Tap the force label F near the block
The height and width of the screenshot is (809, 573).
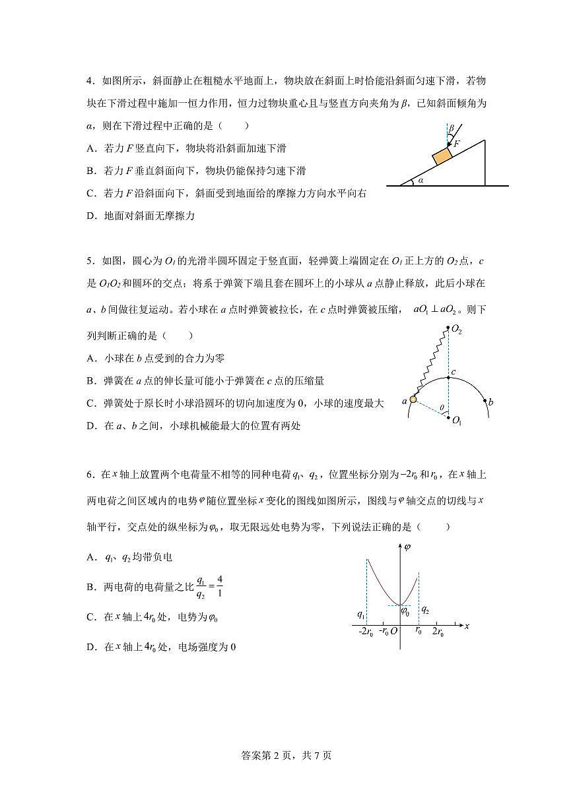(x=456, y=142)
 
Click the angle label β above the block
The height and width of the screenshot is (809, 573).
(x=452, y=129)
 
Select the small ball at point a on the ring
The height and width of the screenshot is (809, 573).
(x=413, y=399)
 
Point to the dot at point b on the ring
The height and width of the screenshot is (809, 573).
(x=486, y=400)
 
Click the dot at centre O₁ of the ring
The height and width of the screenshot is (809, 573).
(x=448, y=417)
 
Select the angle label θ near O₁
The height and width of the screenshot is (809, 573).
(x=441, y=408)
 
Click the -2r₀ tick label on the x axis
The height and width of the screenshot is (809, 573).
(x=366, y=632)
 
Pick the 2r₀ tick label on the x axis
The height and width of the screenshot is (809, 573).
(x=437, y=632)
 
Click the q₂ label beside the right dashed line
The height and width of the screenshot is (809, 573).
(x=425, y=609)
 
